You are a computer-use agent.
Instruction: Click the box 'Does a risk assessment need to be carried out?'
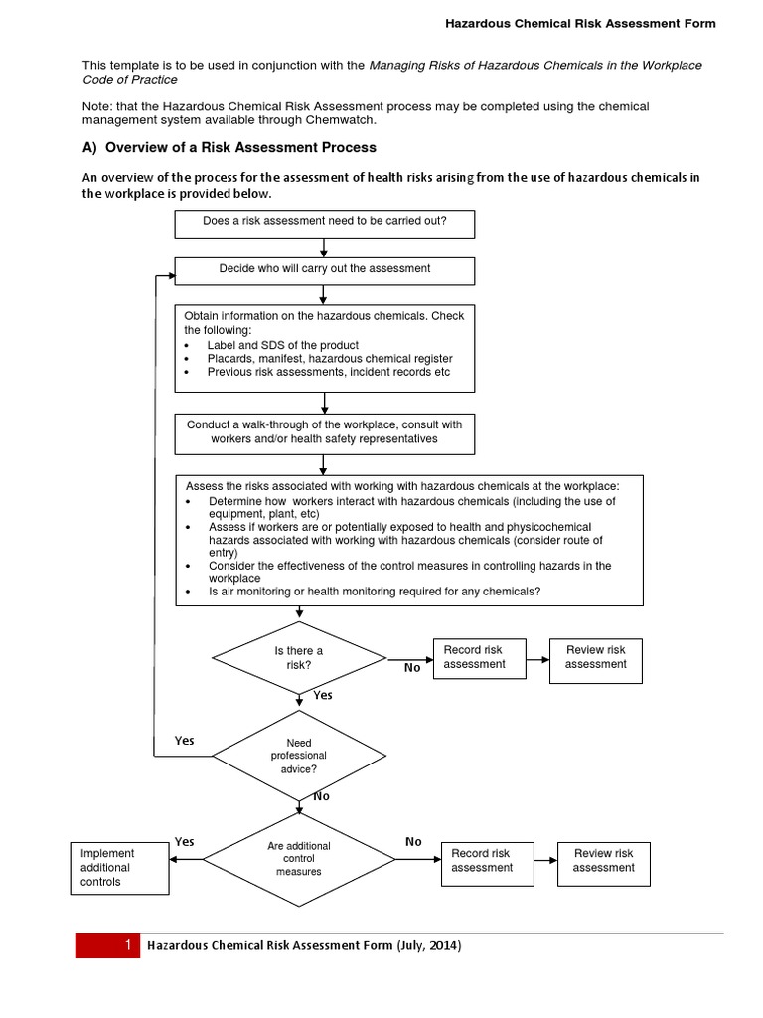pos(324,223)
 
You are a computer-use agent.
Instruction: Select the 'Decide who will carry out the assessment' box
pos(324,269)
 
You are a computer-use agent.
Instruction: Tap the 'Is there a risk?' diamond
pos(299,658)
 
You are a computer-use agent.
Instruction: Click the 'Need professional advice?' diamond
pos(299,757)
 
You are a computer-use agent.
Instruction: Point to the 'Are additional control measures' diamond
pos(299,859)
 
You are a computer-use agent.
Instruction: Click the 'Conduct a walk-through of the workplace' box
pos(324,431)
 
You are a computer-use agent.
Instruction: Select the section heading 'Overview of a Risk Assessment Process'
pos(240,148)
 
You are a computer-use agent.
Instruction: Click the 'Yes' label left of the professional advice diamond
pos(185,741)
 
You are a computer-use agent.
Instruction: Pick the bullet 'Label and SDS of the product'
pos(283,345)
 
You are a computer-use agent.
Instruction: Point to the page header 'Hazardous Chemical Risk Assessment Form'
pos(580,24)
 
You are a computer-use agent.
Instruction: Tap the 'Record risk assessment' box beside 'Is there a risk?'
pos(480,658)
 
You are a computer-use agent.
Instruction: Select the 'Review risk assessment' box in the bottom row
pos(604,861)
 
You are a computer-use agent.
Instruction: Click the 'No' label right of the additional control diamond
pos(413,842)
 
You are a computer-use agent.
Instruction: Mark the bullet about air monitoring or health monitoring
pos(375,592)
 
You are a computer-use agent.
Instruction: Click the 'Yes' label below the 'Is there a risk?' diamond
pos(323,695)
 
